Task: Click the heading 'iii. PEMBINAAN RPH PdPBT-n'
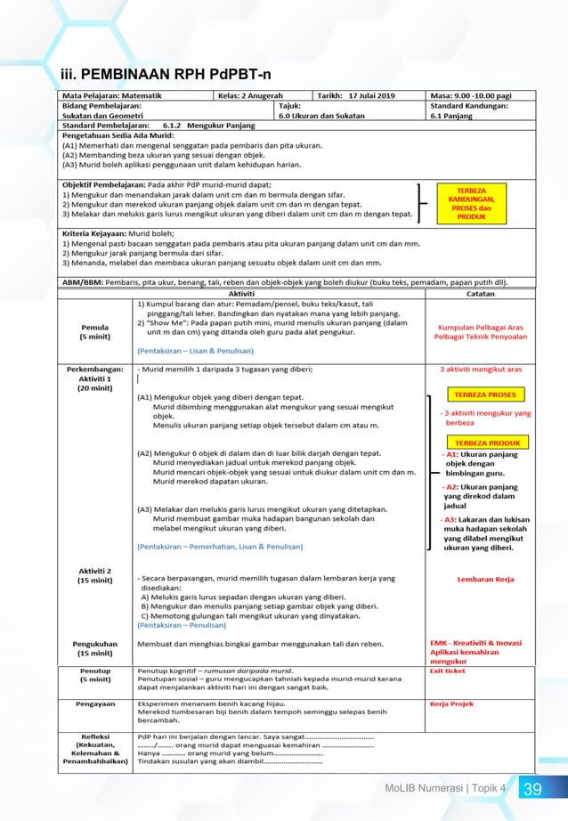click(166, 72)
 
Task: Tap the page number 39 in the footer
click(532, 789)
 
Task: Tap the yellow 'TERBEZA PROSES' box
click(484, 394)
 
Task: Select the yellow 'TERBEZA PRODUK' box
click(486, 443)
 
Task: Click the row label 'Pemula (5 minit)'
click(95, 331)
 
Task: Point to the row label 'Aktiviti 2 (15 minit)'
click(95, 575)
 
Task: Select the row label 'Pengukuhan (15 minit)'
click(95, 647)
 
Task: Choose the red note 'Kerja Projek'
click(450, 703)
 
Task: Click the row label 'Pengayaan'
click(95, 703)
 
